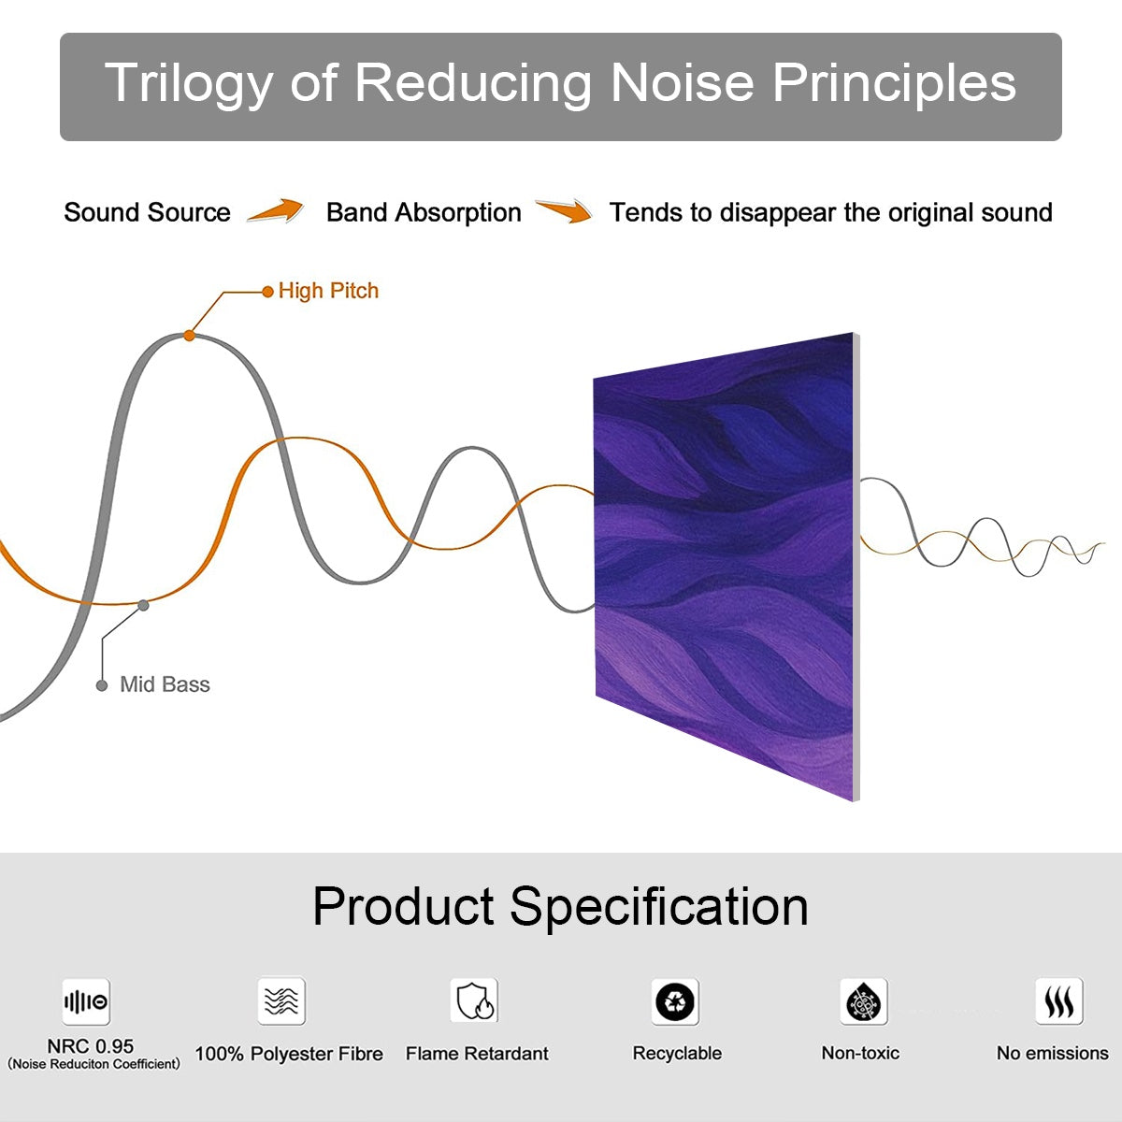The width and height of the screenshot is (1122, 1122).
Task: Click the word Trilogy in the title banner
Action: click(188, 83)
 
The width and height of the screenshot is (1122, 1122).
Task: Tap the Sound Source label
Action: click(147, 212)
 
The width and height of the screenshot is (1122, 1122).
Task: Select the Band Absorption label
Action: click(424, 212)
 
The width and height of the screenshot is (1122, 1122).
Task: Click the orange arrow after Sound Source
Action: click(276, 211)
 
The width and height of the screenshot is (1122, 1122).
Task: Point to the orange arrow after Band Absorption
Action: click(564, 211)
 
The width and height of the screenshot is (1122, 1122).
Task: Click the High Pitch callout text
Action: click(328, 291)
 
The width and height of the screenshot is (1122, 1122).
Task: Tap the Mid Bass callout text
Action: click(165, 684)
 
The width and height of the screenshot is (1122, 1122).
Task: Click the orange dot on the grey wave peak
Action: click(189, 335)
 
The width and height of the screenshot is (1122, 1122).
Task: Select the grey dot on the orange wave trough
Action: click(143, 605)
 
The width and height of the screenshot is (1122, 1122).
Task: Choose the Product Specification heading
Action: click(560, 906)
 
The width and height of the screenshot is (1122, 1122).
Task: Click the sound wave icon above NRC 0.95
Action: click(86, 1002)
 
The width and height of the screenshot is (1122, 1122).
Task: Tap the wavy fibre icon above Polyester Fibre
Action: click(281, 1001)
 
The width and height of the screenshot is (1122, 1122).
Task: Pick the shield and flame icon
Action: click(474, 1001)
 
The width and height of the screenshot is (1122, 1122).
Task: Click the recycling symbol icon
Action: click(675, 1002)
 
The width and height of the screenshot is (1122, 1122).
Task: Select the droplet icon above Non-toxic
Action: click(863, 1002)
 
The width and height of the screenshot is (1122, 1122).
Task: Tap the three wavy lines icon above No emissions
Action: click(1058, 1002)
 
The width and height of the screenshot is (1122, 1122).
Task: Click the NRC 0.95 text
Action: click(91, 1046)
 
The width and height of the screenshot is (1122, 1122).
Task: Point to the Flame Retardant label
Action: click(477, 1054)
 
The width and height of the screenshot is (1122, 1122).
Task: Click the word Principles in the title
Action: click(894, 83)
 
